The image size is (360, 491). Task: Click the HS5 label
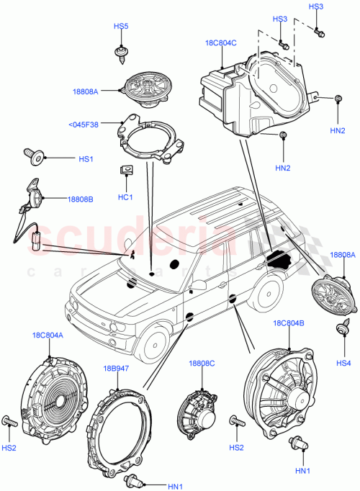coord(121,27)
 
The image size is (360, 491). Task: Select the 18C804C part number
coord(220,42)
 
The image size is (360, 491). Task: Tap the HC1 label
coord(125,197)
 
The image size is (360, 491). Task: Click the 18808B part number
coord(81,199)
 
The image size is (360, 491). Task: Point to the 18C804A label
coord(47,335)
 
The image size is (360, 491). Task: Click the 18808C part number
coord(202,364)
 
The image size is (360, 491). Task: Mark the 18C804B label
coord(289,324)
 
